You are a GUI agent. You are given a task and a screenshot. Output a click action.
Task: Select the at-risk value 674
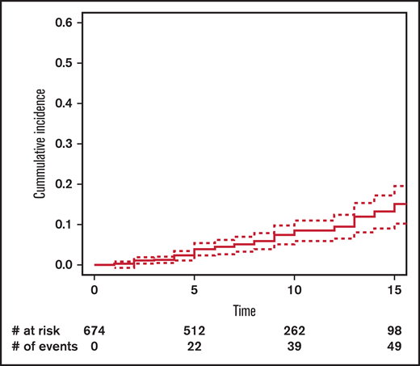(x=95, y=330)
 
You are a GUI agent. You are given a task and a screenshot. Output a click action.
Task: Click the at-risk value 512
(x=195, y=330)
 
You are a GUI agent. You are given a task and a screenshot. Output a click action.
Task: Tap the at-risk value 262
(x=294, y=330)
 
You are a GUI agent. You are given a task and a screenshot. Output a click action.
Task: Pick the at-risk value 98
(x=394, y=330)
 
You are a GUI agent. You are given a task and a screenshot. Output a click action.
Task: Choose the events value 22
(x=195, y=347)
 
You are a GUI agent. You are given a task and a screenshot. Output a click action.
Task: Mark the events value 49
(x=394, y=347)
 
